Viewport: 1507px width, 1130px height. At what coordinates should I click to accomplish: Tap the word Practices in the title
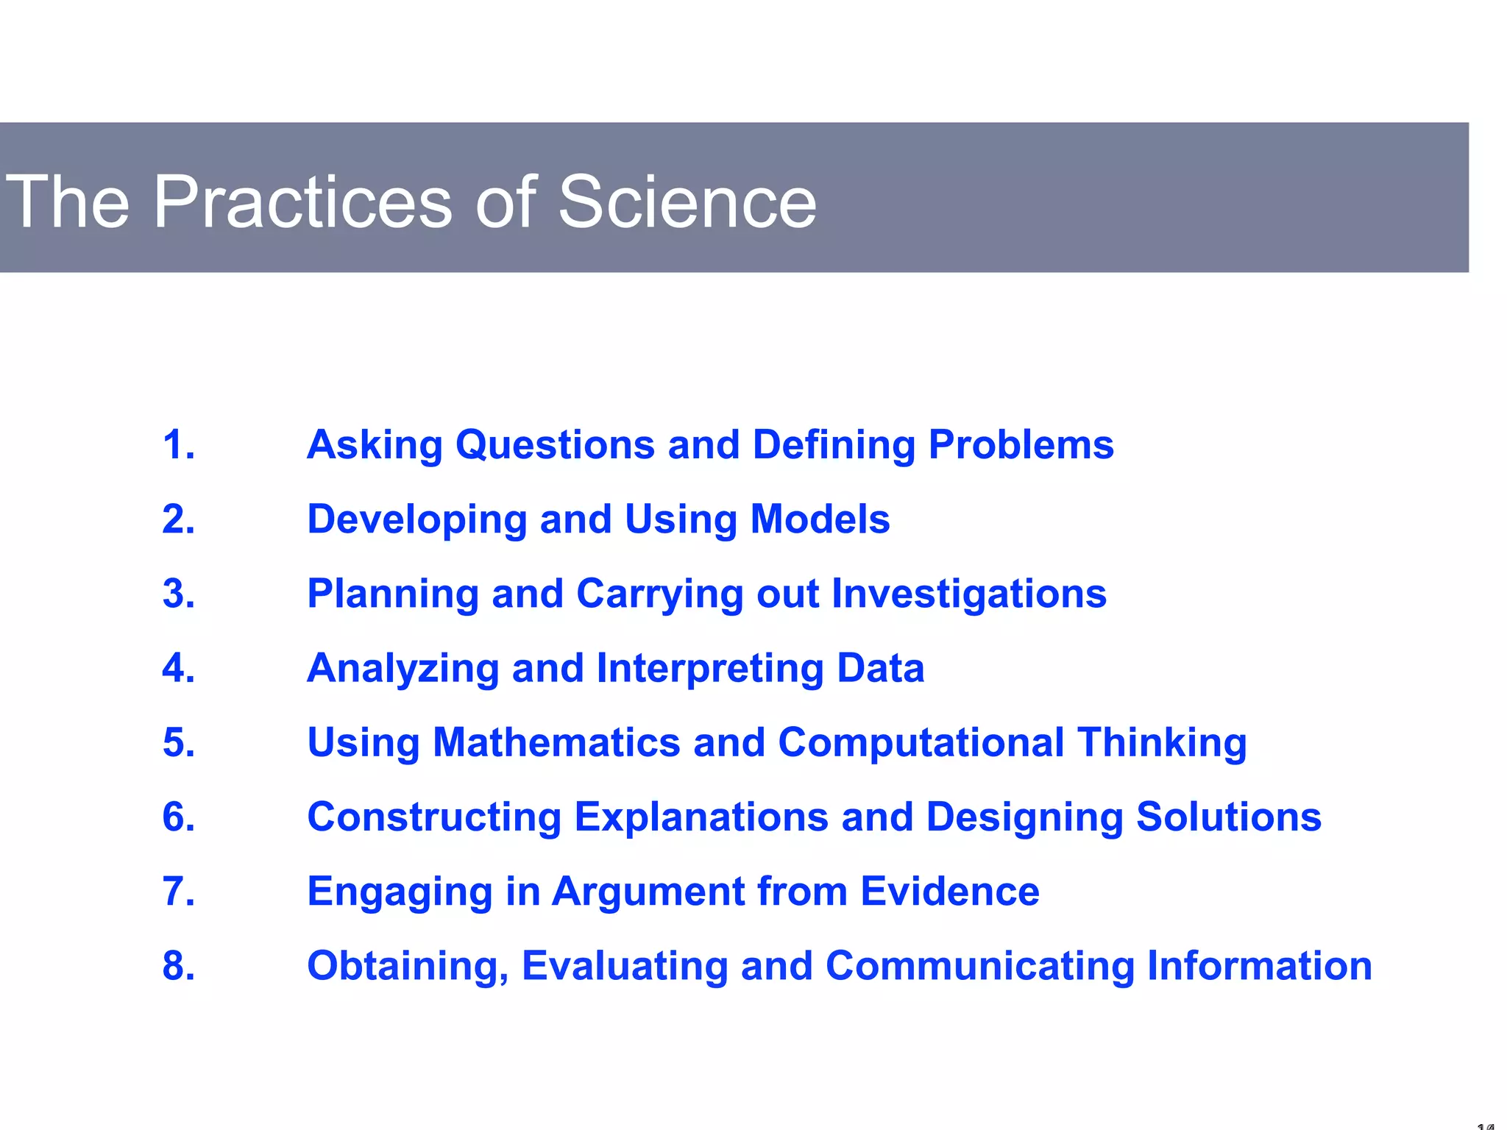pyautogui.click(x=302, y=202)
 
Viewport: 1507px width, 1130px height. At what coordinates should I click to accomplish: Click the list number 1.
pyautogui.click(x=179, y=445)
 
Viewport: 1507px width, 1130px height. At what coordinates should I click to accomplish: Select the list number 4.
pyautogui.click(x=179, y=668)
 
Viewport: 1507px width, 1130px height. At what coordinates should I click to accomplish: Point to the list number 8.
pyautogui.click(x=179, y=966)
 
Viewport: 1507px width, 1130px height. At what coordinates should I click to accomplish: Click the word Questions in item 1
pyautogui.click(x=555, y=446)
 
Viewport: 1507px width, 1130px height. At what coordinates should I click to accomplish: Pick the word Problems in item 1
pyautogui.click(x=1021, y=446)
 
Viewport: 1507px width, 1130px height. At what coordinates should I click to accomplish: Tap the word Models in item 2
pyautogui.click(x=820, y=519)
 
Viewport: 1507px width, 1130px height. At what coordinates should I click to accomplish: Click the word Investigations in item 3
pyautogui.click(x=968, y=594)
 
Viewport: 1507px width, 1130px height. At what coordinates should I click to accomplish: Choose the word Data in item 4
pyautogui.click(x=880, y=668)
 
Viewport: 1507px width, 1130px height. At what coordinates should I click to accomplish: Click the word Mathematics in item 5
pyautogui.click(x=556, y=742)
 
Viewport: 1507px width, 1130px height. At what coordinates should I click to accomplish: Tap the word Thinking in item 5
pyautogui.click(x=1162, y=742)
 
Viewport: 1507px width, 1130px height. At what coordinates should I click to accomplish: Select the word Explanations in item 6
pyautogui.click(x=701, y=817)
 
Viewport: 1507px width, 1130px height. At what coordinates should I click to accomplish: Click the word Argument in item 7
pyautogui.click(x=648, y=892)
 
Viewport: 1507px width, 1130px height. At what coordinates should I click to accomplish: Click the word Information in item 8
pyautogui.click(x=1259, y=966)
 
